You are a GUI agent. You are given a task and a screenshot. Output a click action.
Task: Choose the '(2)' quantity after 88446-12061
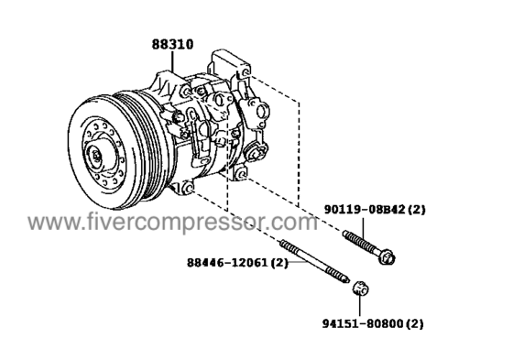click(279, 262)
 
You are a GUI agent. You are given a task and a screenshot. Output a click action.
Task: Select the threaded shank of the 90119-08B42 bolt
click(362, 244)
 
